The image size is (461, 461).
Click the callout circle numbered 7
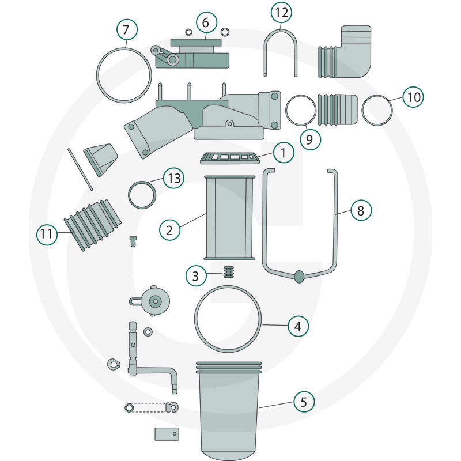coord(127,29)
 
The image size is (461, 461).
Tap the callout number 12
coord(281,13)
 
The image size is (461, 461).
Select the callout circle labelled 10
coord(413,97)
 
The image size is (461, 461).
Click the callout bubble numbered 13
coord(174,178)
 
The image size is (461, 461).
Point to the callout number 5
coord(304,402)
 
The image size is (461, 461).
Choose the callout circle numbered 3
coord(196,276)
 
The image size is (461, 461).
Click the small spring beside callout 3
coord(229,272)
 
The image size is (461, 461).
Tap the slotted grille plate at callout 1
coord(230,158)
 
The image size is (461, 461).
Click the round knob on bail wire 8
coord(299,277)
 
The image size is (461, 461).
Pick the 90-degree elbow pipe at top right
coord(345,52)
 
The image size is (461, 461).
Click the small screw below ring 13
coord(133,241)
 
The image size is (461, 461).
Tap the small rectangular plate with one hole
coord(167,434)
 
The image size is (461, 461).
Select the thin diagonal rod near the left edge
coord(80,169)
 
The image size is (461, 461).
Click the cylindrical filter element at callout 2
coord(229,218)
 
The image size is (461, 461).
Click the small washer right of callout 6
coord(225,32)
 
